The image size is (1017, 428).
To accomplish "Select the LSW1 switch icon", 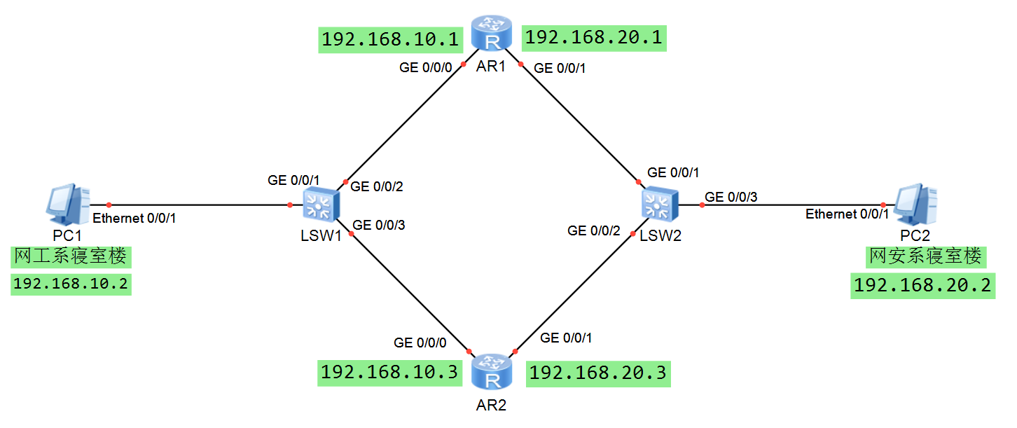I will [x=321, y=205].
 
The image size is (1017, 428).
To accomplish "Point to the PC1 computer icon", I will [x=67, y=203].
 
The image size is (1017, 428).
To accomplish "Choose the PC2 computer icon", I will [x=917, y=203].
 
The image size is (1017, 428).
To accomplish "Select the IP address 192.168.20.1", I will [x=593, y=37].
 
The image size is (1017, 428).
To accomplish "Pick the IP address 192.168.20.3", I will [x=597, y=373].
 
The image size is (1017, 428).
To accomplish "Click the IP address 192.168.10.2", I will [x=71, y=284].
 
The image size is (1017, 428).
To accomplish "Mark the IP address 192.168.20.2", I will [x=922, y=286].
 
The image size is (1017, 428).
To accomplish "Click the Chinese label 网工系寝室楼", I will [x=71, y=256].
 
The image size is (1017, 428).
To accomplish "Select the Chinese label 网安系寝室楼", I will [x=925, y=256].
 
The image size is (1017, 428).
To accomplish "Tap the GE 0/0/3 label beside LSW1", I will [x=379, y=226].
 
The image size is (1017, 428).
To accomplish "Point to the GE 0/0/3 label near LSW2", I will [x=731, y=197].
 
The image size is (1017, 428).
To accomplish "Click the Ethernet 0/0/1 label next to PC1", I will [x=134, y=218].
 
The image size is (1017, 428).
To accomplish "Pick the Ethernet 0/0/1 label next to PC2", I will [x=847, y=214].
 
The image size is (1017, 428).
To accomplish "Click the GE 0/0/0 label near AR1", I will [x=426, y=68].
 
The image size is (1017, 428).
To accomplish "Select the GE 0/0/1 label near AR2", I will [x=567, y=338].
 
